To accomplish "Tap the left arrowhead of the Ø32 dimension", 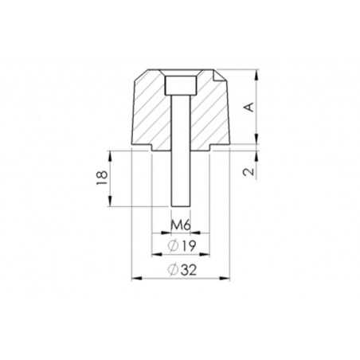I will pos(134,278).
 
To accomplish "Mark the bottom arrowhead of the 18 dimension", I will pos(110,204).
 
